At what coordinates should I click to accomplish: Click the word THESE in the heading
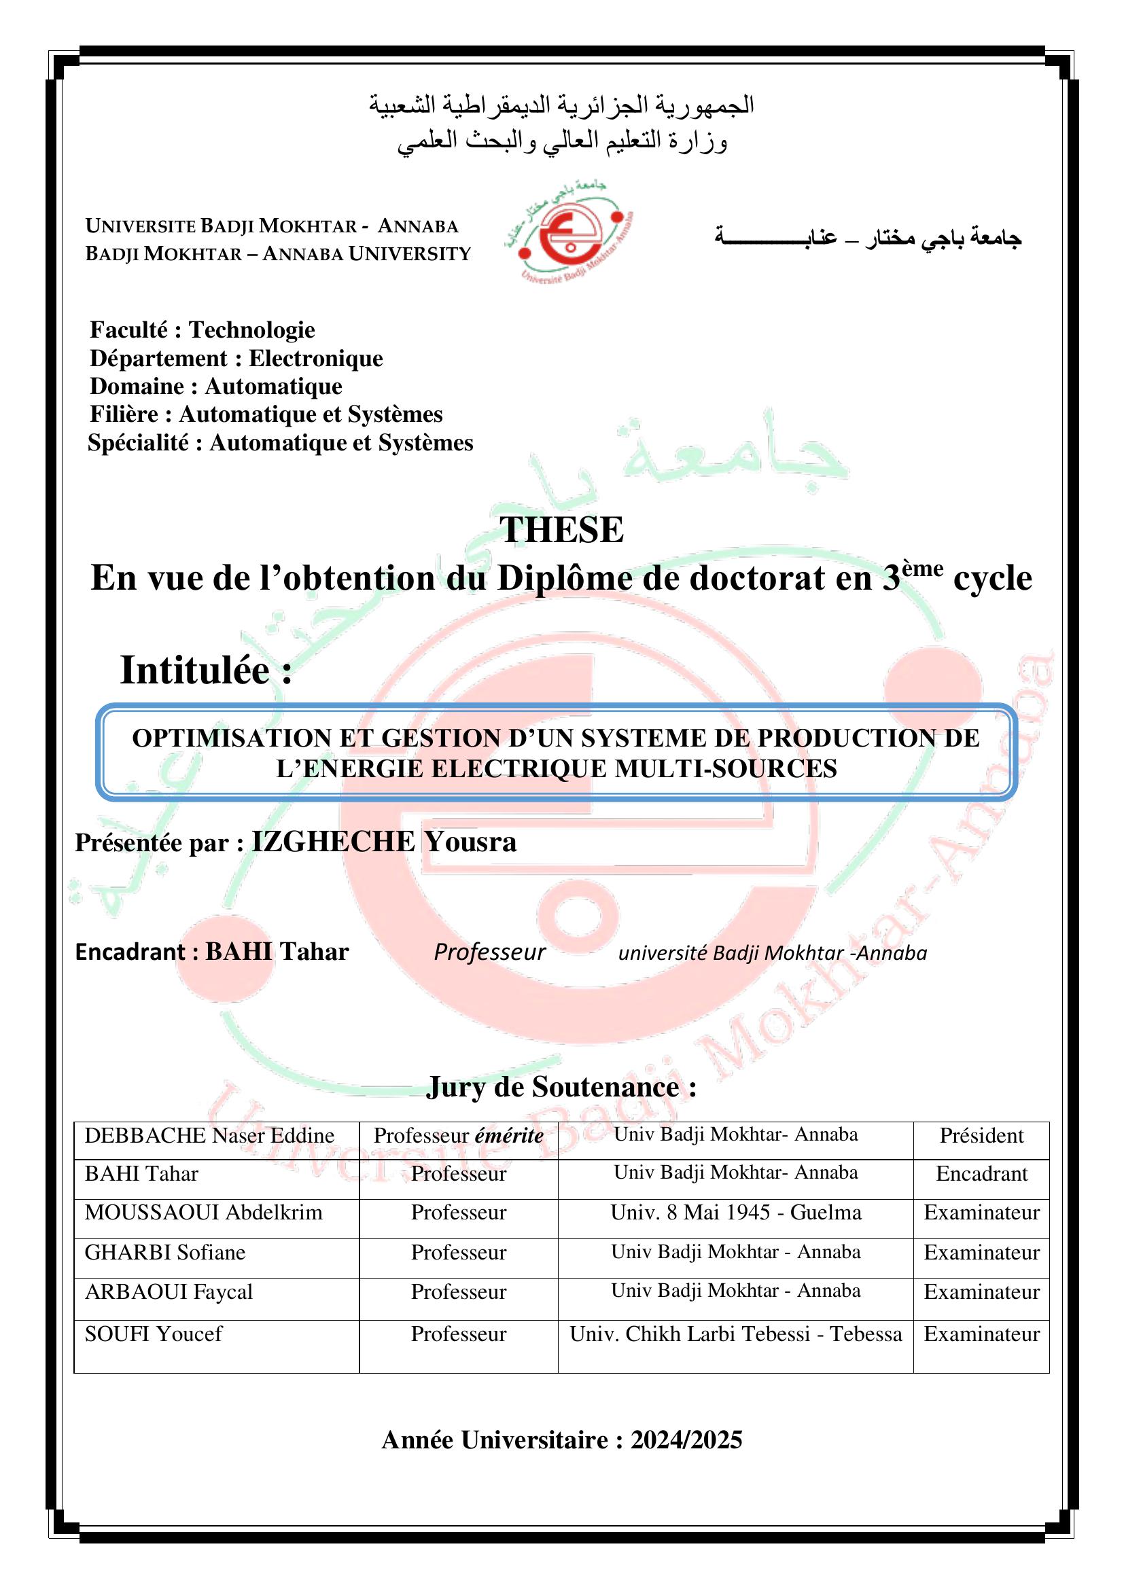tap(561, 531)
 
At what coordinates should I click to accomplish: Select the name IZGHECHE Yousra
tap(383, 842)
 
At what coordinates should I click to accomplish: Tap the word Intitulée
tap(195, 671)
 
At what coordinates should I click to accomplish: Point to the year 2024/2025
tap(686, 1440)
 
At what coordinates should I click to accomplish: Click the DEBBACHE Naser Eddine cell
tap(209, 1136)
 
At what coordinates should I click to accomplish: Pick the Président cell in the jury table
tap(981, 1136)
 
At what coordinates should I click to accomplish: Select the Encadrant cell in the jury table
tap(981, 1174)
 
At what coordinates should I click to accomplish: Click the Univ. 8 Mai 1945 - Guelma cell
tap(735, 1213)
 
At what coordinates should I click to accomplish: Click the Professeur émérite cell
tap(458, 1136)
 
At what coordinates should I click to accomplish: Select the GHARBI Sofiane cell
tap(164, 1252)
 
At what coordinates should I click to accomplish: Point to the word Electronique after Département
tap(315, 359)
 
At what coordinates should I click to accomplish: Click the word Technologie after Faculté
tap(252, 330)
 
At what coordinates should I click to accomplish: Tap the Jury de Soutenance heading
tap(561, 1087)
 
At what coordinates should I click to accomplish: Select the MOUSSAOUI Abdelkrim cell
tap(203, 1213)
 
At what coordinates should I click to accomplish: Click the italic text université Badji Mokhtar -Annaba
tap(772, 953)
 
